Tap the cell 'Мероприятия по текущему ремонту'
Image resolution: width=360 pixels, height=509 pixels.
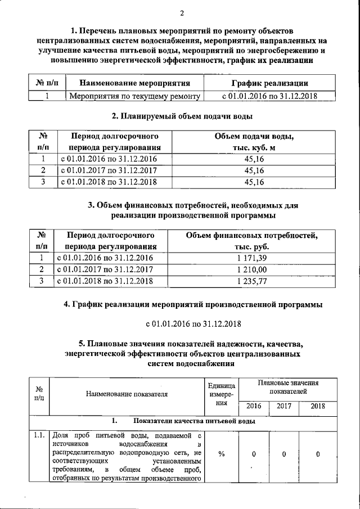pos(135,96)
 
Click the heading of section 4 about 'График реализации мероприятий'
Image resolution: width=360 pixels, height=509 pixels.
pos(193,305)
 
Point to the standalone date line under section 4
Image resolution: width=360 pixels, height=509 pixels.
pos(193,324)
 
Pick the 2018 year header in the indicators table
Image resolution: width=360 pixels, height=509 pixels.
pos(318,406)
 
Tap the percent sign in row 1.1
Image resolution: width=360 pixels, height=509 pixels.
pos(222,454)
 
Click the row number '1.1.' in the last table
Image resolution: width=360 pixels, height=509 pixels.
pos(39,435)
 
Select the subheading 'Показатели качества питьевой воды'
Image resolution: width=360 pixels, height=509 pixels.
pos(194,421)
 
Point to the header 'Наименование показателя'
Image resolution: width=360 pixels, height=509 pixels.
pos(127,394)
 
